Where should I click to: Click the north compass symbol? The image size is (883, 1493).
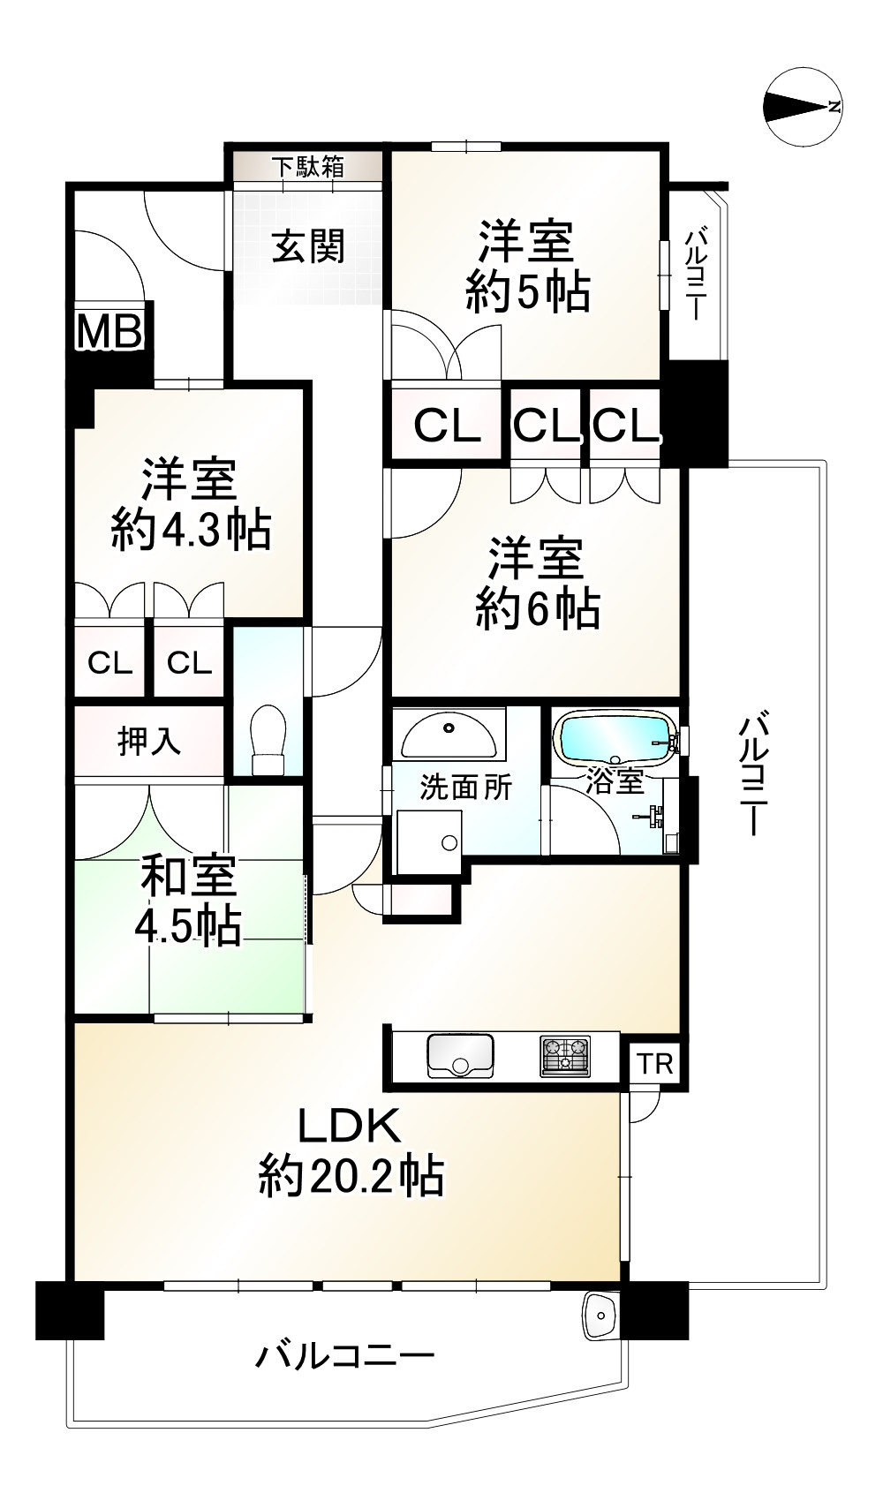(x=803, y=107)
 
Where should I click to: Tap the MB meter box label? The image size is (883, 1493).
(x=109, y=332)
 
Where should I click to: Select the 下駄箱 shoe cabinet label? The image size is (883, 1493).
(x=306, y=167)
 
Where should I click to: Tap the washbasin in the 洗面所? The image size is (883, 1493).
(x=449, y=734)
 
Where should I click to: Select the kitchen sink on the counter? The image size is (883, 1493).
(x=460, y=1055)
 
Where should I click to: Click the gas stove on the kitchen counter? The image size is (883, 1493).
(x=565, y=1055)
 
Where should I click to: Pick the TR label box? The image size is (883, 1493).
(x=655, y=1064)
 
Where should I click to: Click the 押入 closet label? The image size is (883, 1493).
(x=149, y=742)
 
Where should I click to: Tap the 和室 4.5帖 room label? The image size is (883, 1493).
(x=188, y=901)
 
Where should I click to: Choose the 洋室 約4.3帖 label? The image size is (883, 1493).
(x=191, y=505)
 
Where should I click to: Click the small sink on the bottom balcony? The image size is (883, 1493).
(x=600, y=1316)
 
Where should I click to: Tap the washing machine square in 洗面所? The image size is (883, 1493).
(x=430, y=842)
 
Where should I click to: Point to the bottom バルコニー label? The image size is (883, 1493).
(x=345, y=1355)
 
